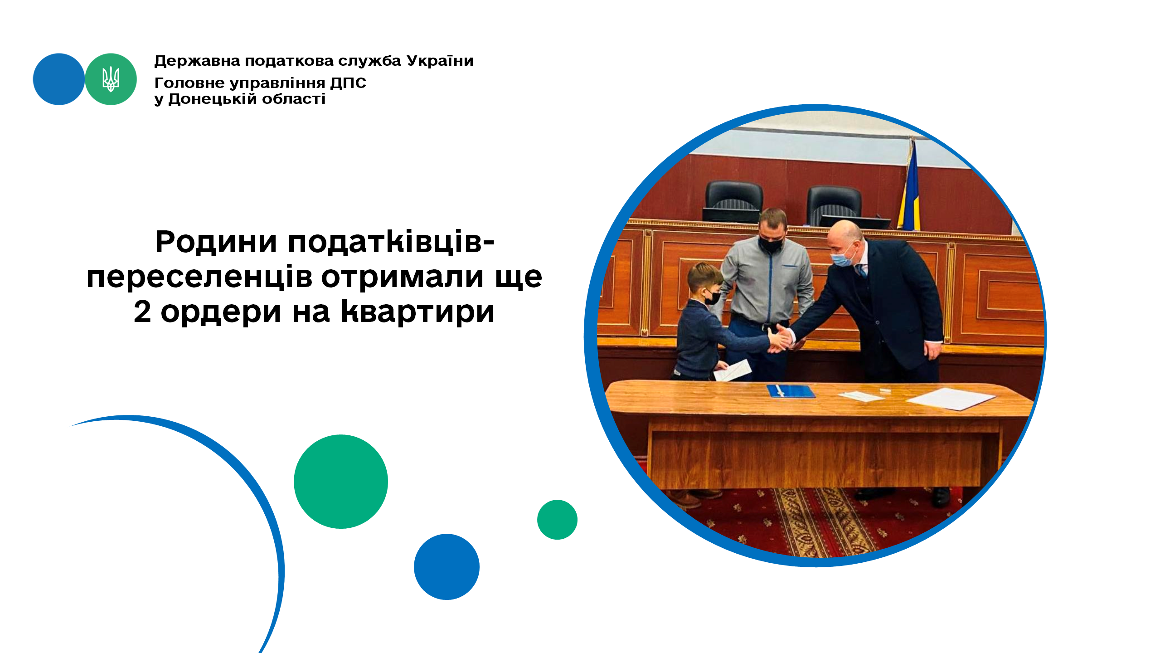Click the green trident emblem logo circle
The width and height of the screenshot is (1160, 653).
tap(111, 79)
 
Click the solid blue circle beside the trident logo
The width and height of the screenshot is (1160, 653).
tap(59, 79)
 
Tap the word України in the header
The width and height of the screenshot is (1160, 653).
tap(440, 61)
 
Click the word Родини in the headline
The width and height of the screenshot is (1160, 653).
tap(216, 242)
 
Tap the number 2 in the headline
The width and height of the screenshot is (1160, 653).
tap(142, 312)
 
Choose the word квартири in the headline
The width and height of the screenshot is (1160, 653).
tap(417, 312)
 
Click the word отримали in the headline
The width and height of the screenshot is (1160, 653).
tap(403, 277)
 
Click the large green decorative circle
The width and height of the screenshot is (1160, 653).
tap(341, 482)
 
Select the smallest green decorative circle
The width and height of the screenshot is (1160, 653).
tap(557, 520)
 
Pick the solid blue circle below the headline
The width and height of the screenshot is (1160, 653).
tap(447, 567)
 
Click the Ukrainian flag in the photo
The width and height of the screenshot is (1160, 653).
tap(910, 186)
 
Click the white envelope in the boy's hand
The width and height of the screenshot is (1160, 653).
tap(733, 370)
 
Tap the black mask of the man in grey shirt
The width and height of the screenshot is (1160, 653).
tap(771, 244)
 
